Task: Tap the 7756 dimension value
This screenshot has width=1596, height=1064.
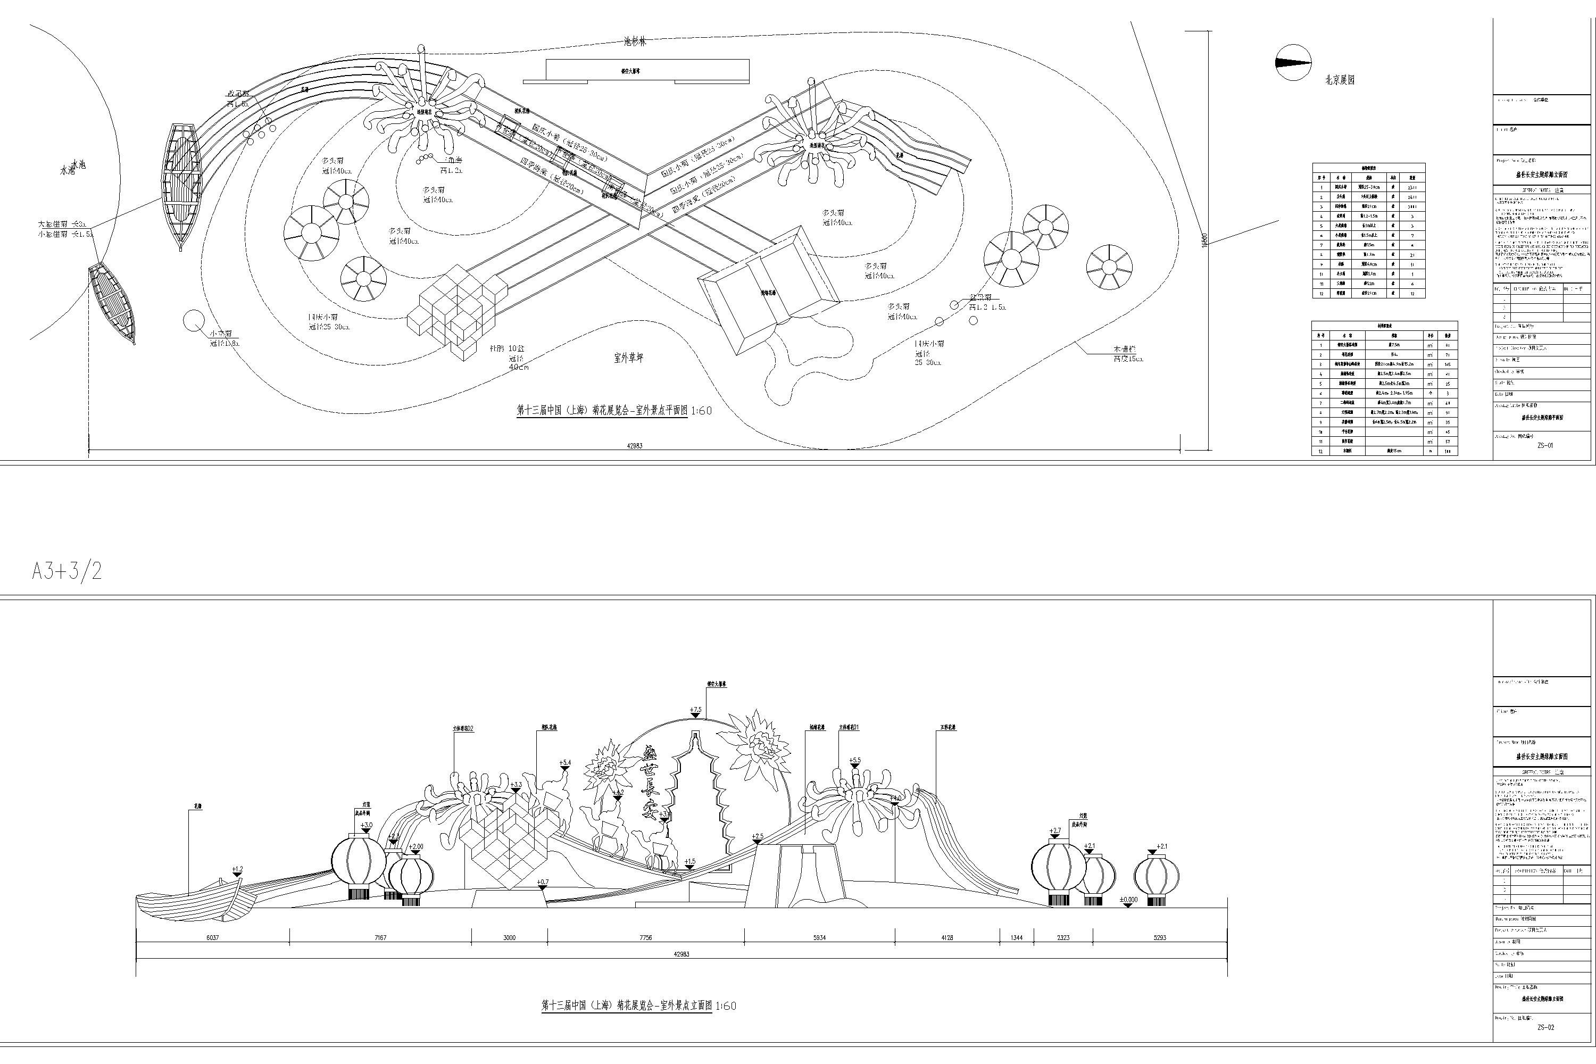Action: (645, 938)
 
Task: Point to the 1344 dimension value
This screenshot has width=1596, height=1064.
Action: (1017, 938)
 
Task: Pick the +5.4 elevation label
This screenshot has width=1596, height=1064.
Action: (565, 763)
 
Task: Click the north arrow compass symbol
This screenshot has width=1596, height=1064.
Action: (1293, 62)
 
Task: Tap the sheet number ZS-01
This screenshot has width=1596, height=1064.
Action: (1545, 446)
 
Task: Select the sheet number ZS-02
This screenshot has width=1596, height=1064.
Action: (1545, 1027)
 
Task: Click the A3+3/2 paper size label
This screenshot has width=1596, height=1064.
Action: (66, 571)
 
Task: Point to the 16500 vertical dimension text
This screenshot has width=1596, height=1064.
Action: (1204, 241)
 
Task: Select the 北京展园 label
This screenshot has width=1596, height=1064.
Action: (1340, 80)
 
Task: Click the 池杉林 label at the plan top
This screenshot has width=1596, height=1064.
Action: (635, 41)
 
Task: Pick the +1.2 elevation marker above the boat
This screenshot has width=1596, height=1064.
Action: (237, 870)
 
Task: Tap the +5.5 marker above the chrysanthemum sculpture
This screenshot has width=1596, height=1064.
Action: (854, 761)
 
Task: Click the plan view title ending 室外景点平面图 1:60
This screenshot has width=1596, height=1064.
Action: (614, 411)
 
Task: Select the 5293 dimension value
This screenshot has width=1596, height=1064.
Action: (1160, 938)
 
